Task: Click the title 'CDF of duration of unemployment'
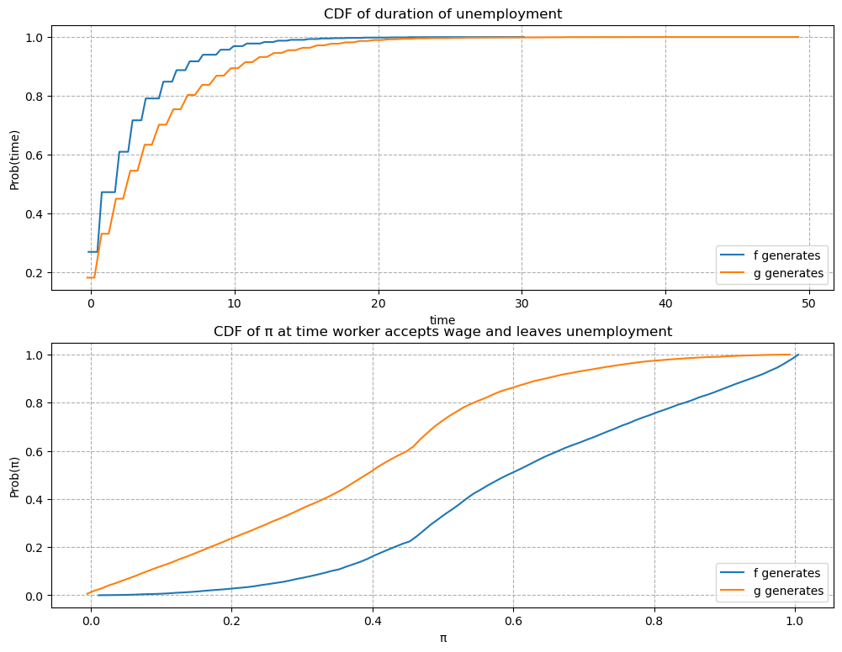[442, 13]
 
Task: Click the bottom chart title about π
[442, 331]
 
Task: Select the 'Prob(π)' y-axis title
[14, 475]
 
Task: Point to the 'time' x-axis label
[442, 320]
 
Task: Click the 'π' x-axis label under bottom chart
[442, 638]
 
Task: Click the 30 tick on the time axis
[522, 303]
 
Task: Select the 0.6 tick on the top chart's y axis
[34, 155]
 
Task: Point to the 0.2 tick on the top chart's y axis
[34, 273]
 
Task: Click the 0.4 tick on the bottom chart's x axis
[371, 621]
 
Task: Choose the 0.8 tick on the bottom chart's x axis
[653, 621]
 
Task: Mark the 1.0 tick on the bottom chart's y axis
[34, 355]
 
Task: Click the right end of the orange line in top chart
[798, 37]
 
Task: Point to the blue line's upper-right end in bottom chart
[797, 355]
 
